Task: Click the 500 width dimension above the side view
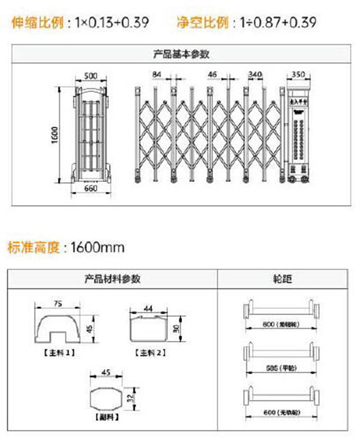pyautogui.click(x=91, y=76)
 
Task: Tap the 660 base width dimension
pyautogui.click(x=91, y=189)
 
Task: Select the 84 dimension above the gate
pyautogui.click(x=157, y=74)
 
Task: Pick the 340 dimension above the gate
pyautogui.click(x=255, y=74)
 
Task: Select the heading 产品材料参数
pyautogui.click(x=112, y=279)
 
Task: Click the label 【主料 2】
pyautogui.click(x=150, y=353)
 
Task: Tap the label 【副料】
pyautogui.click(x=107, y=417)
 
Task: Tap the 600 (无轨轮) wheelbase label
pyautogui.click(x=282, y=412)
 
